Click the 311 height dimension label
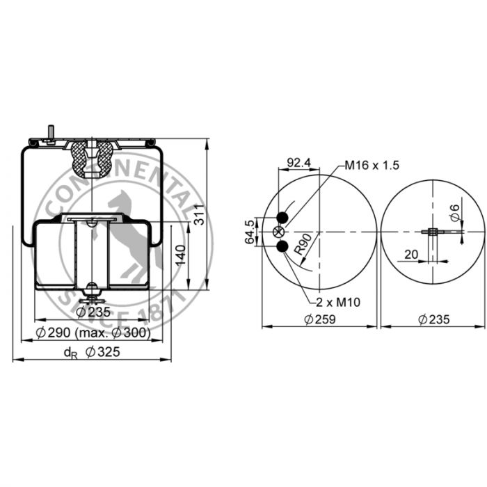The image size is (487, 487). coord(199,214)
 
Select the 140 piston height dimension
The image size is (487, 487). coord(180,255)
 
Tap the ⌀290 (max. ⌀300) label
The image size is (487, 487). coord(93,333)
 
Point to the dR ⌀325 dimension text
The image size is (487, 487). coord(92,352)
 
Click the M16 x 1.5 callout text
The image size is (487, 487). coord(372,166)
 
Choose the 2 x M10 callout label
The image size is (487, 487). coord(338,302)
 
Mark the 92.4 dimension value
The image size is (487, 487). coord(298,162)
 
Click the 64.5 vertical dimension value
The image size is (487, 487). coord(250,232)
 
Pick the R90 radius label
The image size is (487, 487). coord(303,244)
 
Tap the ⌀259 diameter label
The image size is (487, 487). coord(320,319)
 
